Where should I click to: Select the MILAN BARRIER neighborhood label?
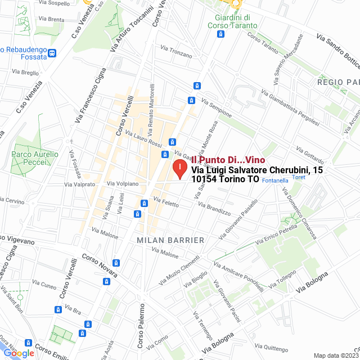tap(170, 240)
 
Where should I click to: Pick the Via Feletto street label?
tap(165, 201)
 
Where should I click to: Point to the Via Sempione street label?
tap(216, 108)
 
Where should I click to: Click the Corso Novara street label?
tap(100, 265)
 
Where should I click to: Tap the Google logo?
tap(19, 353)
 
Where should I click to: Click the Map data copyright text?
tap(335, 355)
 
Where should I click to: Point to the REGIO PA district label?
tap(338, 82)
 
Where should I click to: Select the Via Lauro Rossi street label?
tap(143, 139)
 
